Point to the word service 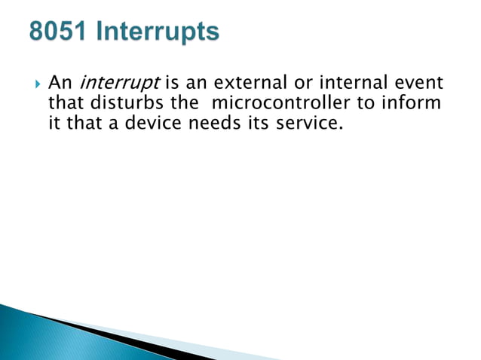click(307, 122)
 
